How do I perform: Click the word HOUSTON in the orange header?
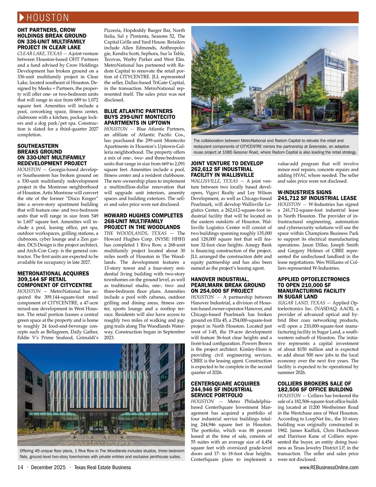click(x=48, y=18)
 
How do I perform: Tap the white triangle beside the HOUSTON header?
click(x=22, y=18)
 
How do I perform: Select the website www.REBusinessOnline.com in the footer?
click(x=329, y=468)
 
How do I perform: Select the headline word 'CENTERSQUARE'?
click(x=210, y=384)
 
